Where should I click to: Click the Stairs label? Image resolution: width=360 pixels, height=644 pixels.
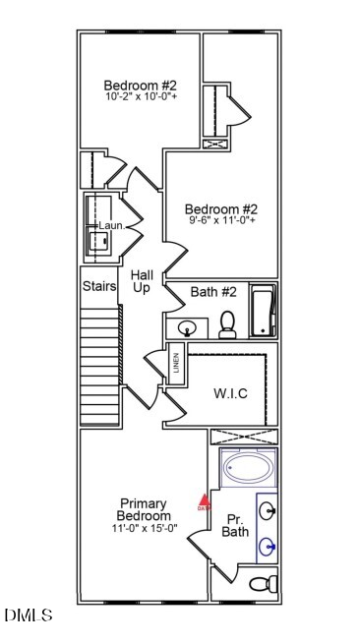tap(99, 286)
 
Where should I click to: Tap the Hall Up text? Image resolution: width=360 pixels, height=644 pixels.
tap(142, 281)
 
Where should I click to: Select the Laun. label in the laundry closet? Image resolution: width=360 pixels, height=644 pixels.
tap(110, 226)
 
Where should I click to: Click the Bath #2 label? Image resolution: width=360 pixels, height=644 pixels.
tap(213, 292)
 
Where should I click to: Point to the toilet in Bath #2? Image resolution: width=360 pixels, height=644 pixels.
tap(227, 324)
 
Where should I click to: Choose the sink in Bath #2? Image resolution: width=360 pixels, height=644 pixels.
tap(189, 326)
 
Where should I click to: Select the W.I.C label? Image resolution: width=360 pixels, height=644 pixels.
tap(230, 393)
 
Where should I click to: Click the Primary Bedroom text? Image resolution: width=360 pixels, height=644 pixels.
tap(144, 509)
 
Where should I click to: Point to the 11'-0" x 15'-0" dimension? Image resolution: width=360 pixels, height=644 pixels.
tap(144, 528)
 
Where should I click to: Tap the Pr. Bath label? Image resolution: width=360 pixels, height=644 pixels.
tap(235, 526)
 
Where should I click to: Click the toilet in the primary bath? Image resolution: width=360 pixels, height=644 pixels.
tap(263, 584)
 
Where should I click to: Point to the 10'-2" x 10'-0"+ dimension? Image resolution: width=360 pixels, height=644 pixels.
tap(142, 97)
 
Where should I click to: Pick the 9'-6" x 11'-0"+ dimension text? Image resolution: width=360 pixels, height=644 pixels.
tap(222, 221)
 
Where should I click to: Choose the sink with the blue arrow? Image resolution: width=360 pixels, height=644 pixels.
tap(269, 547)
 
